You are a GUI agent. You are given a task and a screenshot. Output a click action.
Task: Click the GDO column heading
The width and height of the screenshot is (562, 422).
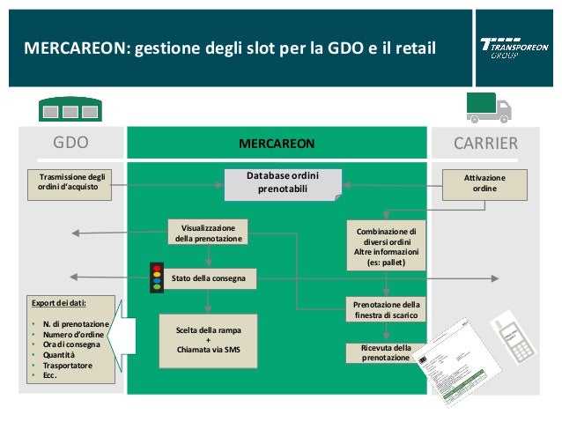(70, 143)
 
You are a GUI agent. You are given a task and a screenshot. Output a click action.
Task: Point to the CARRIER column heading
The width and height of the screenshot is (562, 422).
(485, 143)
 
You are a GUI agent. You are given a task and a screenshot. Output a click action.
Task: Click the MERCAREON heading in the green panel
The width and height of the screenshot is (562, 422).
(277, 143)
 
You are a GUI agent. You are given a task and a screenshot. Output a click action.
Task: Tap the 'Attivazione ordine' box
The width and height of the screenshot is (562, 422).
(484, 184)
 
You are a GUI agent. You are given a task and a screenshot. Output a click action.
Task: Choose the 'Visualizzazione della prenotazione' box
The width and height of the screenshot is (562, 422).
(209, 232)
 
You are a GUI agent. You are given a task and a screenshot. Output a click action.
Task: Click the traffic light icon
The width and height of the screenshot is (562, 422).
(158, 277)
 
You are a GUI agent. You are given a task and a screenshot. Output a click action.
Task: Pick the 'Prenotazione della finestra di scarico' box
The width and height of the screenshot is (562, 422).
(386, 309)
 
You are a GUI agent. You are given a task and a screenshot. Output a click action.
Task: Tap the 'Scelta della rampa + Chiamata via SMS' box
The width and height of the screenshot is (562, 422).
(208, 339)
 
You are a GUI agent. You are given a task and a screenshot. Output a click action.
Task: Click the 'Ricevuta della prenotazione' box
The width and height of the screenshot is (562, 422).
(385, 353)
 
